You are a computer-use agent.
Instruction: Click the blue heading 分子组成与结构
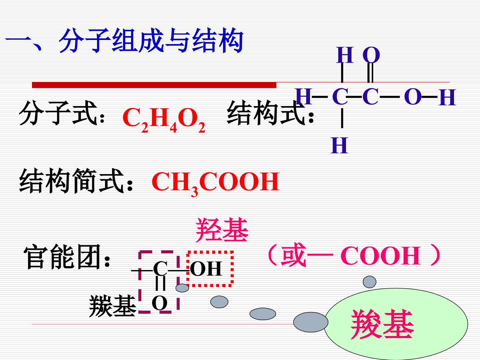151,40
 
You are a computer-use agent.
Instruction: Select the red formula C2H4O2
164,120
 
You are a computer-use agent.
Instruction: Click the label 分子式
58,113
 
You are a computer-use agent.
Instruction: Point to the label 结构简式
72,181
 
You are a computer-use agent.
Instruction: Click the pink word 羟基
222,230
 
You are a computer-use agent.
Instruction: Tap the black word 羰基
113,306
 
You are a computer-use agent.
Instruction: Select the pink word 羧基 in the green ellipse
382,324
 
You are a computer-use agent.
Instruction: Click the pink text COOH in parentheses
381,256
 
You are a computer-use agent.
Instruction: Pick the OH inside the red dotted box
206,269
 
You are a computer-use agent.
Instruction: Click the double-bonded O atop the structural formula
371,55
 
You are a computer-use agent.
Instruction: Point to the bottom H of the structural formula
339,145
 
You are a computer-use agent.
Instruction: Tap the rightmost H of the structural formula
447,97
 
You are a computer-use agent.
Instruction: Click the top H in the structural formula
345,55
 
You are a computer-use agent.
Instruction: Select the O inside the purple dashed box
160,303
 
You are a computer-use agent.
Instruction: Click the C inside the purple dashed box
160,269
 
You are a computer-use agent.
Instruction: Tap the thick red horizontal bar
154,85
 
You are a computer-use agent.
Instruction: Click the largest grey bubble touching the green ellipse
311,322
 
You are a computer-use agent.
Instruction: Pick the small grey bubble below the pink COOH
370,282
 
